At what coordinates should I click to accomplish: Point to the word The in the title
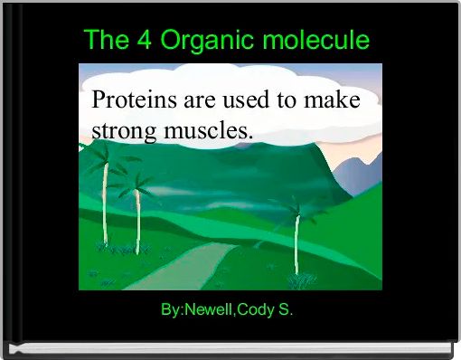105,41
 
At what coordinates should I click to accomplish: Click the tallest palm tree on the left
105,199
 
